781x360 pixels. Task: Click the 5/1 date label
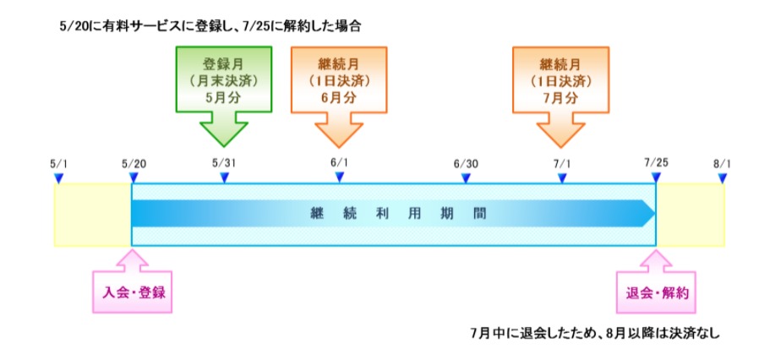point(58,163)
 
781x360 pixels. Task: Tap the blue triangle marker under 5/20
point(134,177)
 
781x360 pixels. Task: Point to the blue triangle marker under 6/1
point(339,177)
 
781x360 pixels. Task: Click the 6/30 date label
point(465,163)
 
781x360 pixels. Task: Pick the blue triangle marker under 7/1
point(562,177)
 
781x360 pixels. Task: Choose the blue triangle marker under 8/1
point(722,177)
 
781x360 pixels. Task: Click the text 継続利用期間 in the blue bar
point(397,214)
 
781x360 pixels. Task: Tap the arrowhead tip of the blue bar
point(655,214)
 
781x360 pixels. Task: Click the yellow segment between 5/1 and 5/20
point(93,215)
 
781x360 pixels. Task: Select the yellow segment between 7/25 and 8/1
point(691,215)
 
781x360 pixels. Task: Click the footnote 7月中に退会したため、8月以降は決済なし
point(595,333)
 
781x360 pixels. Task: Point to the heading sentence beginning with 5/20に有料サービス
point(210,27)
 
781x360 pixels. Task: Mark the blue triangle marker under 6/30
point(465,177)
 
